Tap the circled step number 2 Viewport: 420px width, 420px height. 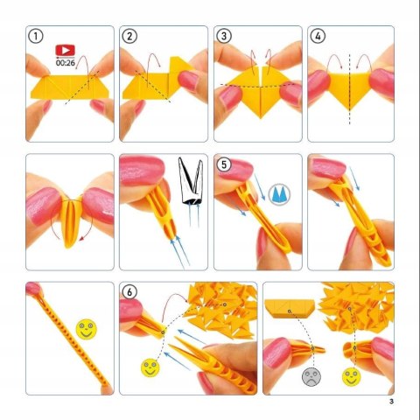pyautogui.click(x=129, y=37)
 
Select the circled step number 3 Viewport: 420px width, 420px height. pyautogui.click(x=224, y=37)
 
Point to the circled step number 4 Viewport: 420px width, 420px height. pyautogui.click(x=318, y=37)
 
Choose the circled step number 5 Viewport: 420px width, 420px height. pyautogui.click(x=224, y=164)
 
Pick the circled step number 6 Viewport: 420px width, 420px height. pyautogui.click(x=130, y=293)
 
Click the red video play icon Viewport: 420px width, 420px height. pyautogui.click(x=64, y=51)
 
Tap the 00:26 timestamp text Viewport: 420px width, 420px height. pyautogui.click(x=64, y=63)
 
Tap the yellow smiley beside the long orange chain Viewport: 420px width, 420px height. pyautogui.click(x=85, y=330)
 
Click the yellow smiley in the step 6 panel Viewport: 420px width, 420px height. pyautogui.click(x=150, y=367)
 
